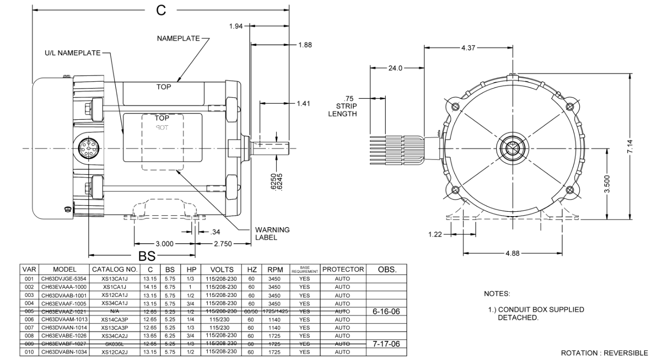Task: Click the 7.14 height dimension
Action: [x=634, y=146]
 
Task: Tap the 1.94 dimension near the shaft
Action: [x=236, y=25]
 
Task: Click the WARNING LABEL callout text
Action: [x=272, y=234]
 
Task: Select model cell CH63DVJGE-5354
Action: [x=65, y=277]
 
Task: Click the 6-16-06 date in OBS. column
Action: [x=386, y=311]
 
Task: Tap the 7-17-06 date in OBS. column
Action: [x=386, y=344]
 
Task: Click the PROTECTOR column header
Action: [x=344, y=270]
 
